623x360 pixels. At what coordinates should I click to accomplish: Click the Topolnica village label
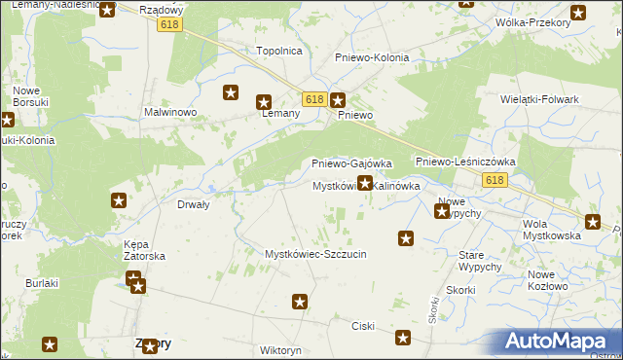tap(278, 51)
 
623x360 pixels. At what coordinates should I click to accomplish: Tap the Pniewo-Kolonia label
tap(371, 57)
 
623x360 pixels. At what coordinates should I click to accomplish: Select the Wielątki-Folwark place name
tap(539, 99)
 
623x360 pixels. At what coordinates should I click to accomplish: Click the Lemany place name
tap(280, 113)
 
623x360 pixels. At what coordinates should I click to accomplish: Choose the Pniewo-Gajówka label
tap(350, 163)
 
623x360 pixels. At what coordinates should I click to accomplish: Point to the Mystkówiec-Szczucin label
tap(315, 254)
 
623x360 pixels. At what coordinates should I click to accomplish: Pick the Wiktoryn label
tap(280, 349)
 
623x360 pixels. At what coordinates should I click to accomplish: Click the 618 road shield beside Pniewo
tap(312, 99)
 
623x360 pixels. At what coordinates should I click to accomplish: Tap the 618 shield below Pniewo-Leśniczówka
tap(494, 181)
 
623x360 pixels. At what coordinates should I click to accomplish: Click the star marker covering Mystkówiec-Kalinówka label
tap(365, 182)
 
